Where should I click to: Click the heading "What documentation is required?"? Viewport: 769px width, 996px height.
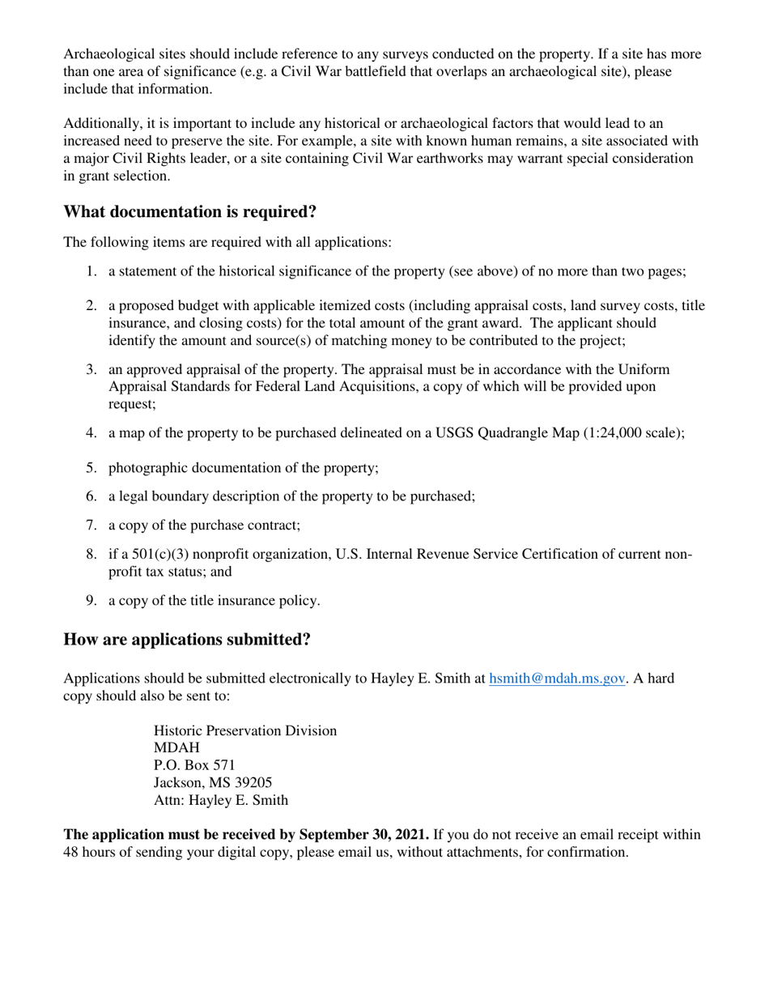tap(189, 212)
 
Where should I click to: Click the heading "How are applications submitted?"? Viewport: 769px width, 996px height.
tap(187, 640)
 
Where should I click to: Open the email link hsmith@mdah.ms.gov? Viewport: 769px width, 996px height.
tap(557, 679)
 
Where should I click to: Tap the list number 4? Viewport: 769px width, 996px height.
tap(91, 433)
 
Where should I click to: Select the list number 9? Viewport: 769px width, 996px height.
tap(91, 601)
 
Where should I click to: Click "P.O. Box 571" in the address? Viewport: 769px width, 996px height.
tap(194, 765)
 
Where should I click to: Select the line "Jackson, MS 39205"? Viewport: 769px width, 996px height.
tap(213, 783)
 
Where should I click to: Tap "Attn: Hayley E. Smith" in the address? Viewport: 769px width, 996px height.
tap(220, 801)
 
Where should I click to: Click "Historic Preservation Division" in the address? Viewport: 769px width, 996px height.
tap(245, 731)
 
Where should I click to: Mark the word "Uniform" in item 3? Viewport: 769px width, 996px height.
tap(644, 370)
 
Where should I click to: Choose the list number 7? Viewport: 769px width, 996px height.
tap(91, 526)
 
